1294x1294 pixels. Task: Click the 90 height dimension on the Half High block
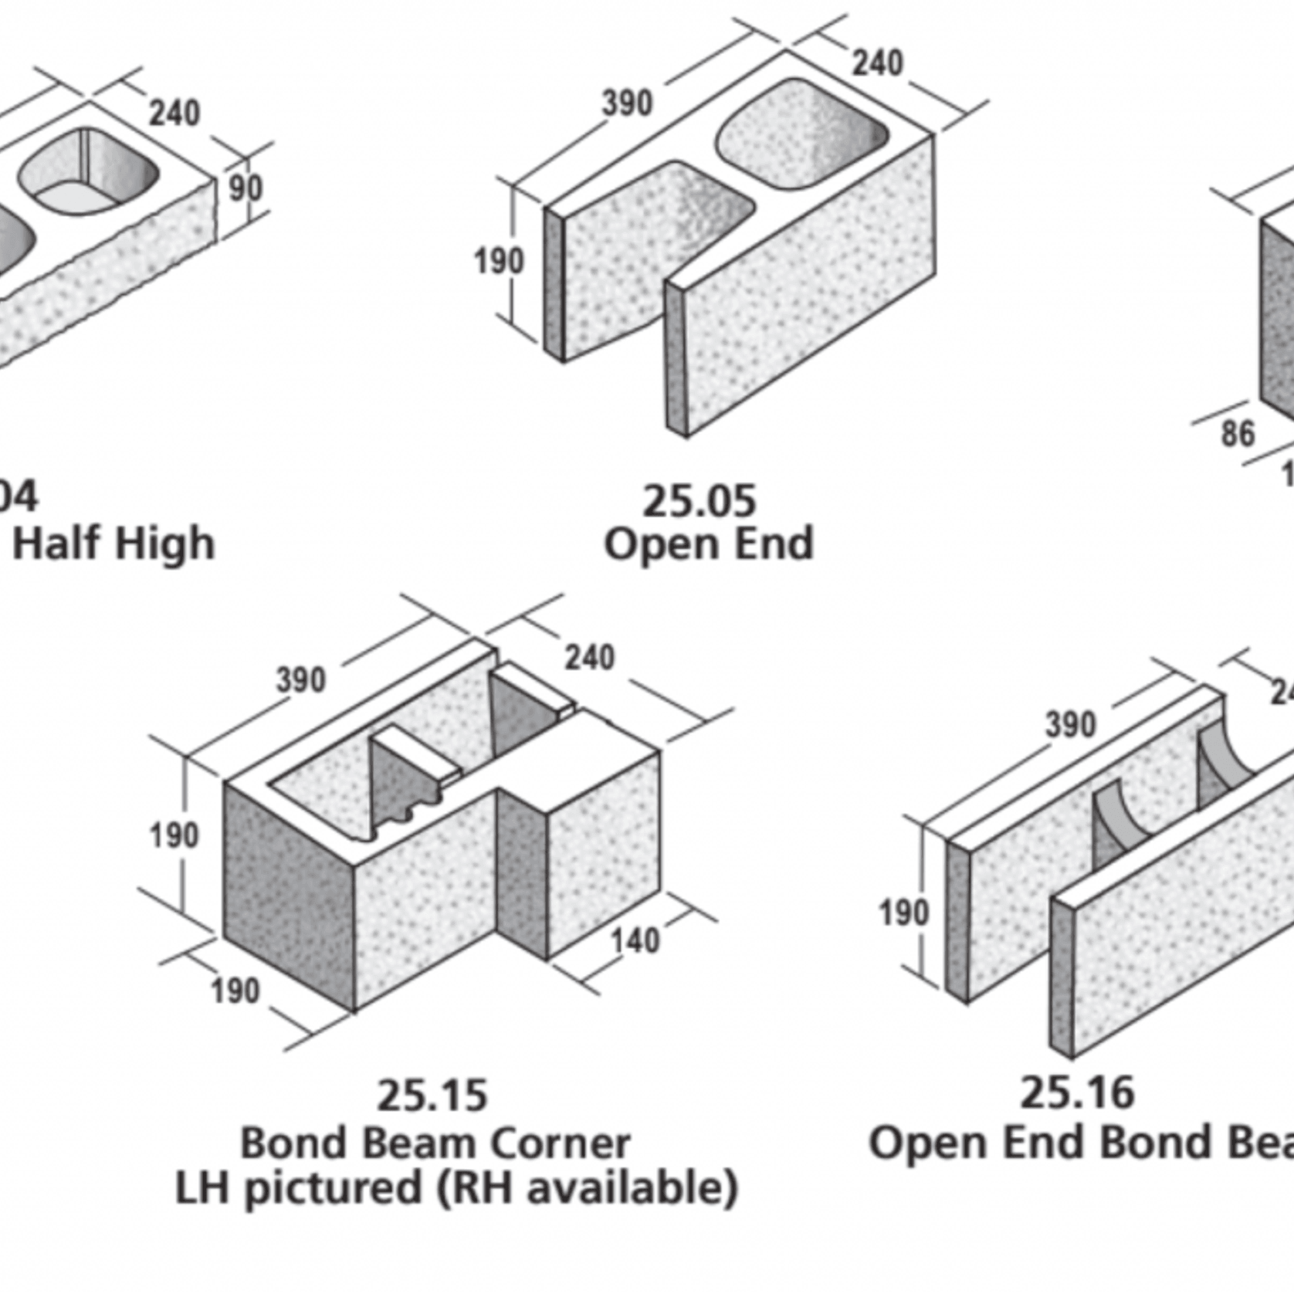[246, 188]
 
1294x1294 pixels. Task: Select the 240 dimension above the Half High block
[174, 113]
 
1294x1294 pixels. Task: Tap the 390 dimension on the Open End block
[627, 103]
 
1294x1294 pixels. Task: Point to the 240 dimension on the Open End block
[877, 63]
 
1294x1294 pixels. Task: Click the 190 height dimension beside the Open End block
[498, 261]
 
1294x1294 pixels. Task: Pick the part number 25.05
[699, 502]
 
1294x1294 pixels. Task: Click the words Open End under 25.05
[708, 544]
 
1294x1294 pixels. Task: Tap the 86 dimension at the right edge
[1237, 434]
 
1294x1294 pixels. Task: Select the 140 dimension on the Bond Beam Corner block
[635, 941]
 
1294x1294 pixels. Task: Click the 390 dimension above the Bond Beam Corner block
[301, 680]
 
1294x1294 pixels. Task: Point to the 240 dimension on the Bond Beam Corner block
[590, 658]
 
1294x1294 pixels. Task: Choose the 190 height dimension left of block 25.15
[174, 835]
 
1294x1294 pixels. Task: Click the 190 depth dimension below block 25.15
[235, 991]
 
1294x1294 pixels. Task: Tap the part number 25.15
[432, 1096]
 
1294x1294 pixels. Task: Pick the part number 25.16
[1077, 1092]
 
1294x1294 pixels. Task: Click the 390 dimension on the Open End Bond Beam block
[1070, 725]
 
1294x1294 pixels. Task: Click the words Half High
[113, 544]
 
